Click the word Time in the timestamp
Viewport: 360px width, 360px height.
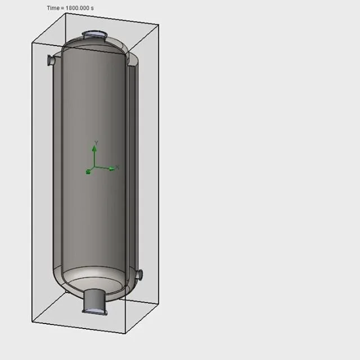[53, 8]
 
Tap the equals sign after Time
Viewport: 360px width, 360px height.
[62, 8]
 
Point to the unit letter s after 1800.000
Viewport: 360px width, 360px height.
[92, 8]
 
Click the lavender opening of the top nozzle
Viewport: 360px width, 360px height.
[94, 34]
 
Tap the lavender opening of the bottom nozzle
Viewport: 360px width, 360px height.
[94, 311]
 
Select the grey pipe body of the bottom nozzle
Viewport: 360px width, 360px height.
[94, 299]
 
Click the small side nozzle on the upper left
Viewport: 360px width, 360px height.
[51, 60]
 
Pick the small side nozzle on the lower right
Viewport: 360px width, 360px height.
[139, 274]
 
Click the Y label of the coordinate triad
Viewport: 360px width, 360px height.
[96, 143]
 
